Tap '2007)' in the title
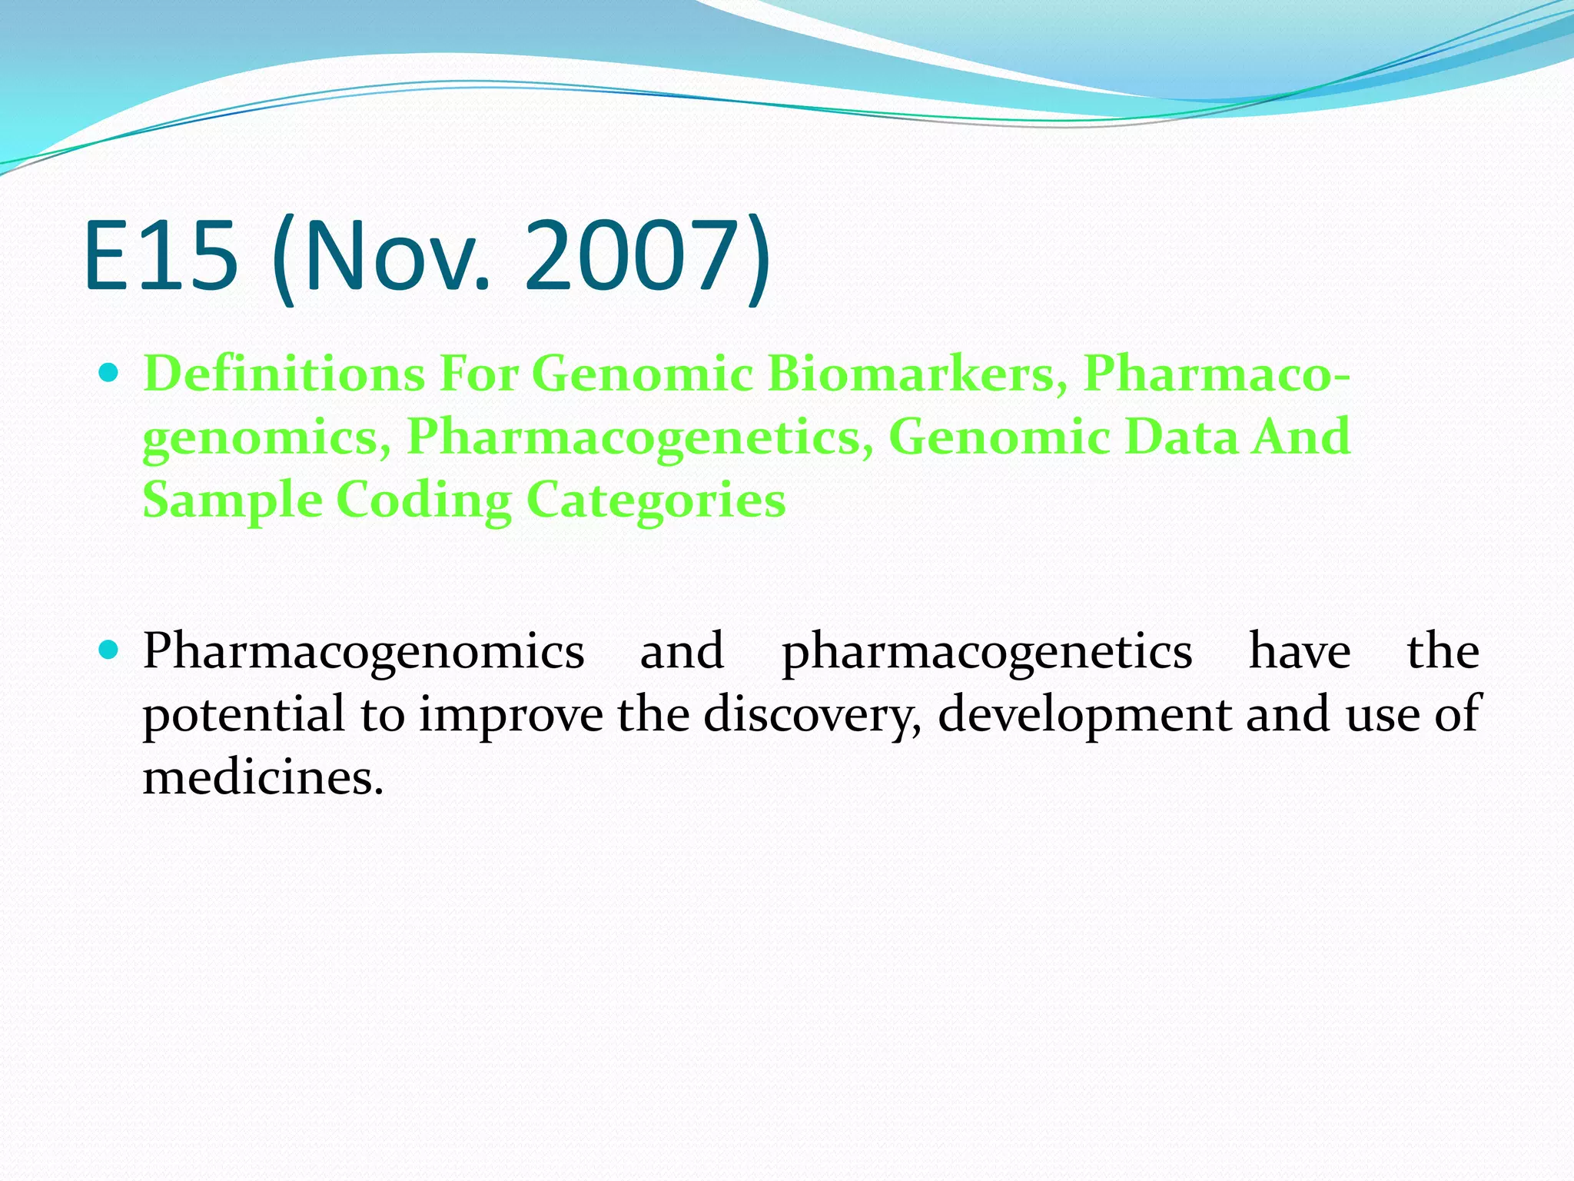point(647,255)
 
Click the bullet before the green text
point(109,374)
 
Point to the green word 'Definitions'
point(284,374)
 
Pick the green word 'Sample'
point(232,501)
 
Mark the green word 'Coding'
point(423,501)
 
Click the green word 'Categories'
point(656,501)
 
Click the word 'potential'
point(244,715)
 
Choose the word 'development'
point(1084,715)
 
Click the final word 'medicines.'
point(263,777)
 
